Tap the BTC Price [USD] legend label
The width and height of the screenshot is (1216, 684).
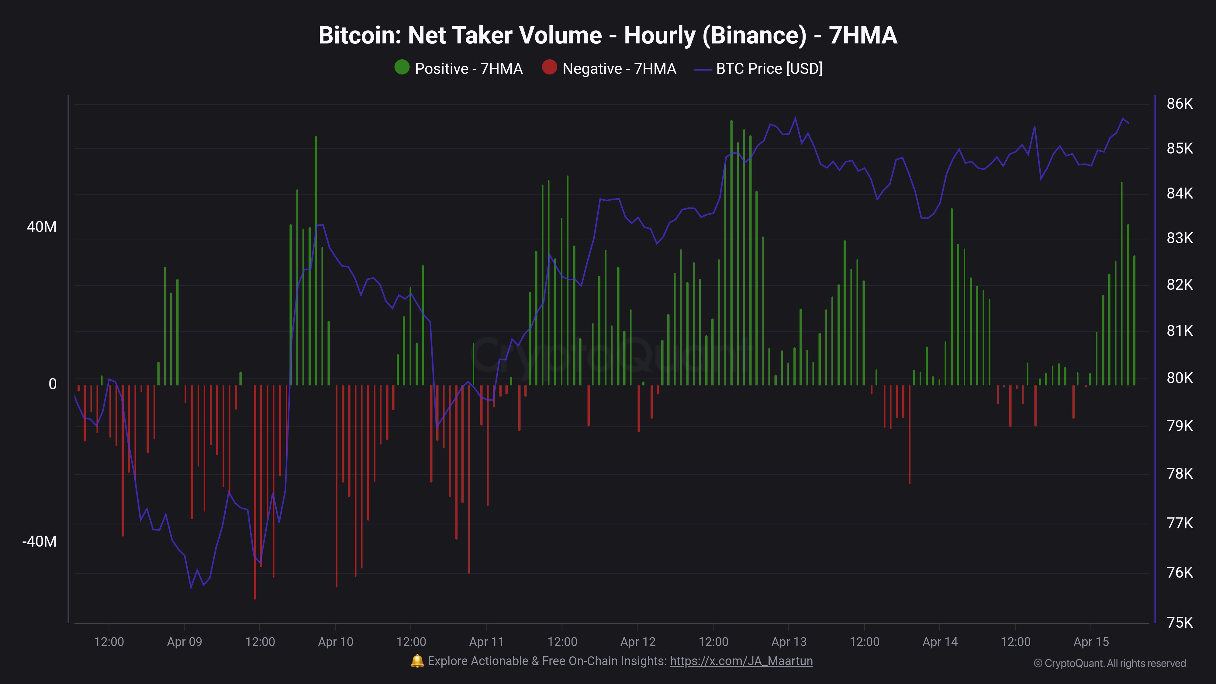pyautogui.click(x=769, y=69)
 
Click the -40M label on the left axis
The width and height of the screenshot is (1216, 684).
pyautogui.click(x=39, y=541)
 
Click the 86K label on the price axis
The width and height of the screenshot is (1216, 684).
pyautogui.click(x=1179, y=104)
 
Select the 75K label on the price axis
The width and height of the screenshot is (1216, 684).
pyautogui.click(x=1179, y=622)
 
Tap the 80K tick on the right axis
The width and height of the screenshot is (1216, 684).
pyautogui.click(x=1179, y=378)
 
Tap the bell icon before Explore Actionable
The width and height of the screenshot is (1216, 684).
pyautogui.click(x=417, y=661)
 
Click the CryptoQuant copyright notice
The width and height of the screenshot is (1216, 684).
pyautogui.click(x=1109, y=663)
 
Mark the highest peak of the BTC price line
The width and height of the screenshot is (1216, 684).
pyautogui.click(x=795, y=118)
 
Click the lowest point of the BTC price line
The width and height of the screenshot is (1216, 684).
pyautogui.click(x=191, y=588)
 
